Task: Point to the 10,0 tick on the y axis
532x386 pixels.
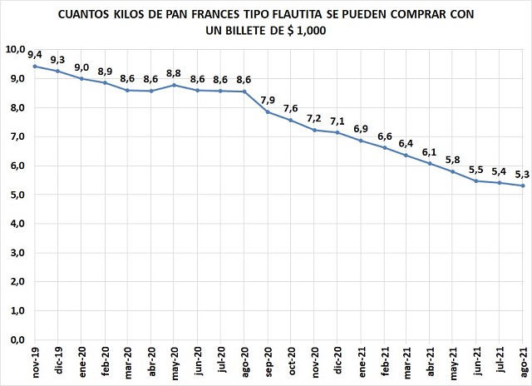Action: (x=16, y=50)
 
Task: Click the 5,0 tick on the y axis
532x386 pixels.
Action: (x=16, y=195)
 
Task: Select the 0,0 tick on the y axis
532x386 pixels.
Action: (x=16, y=339)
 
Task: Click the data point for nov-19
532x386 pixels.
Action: (x=35, y=67)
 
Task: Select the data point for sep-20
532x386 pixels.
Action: (x=268, y=111)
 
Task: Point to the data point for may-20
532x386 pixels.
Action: (x=175, y=85)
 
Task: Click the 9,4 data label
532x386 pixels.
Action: (x=35, y=54)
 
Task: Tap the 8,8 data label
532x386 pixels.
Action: (x=174, y=72)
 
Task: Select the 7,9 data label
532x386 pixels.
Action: (x=268, y=100)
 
